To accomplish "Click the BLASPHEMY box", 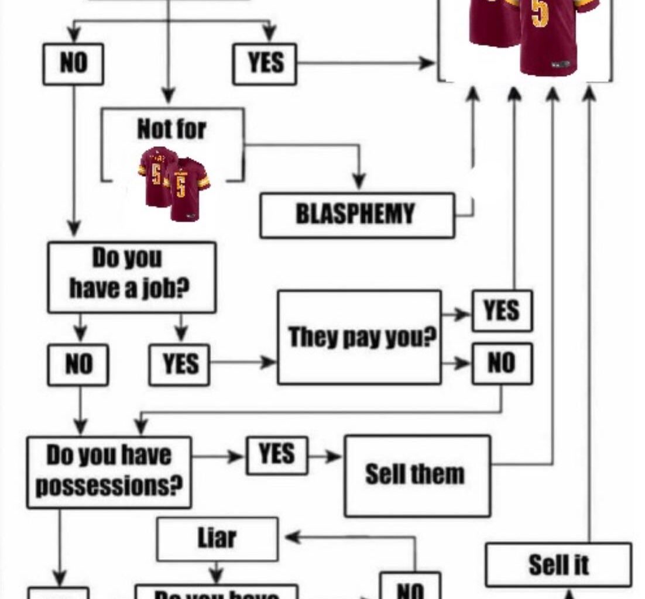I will click(356, 215).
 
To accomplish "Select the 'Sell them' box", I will click(416, 474).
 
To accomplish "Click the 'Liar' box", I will click(217, 538).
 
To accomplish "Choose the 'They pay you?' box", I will click(359, 338).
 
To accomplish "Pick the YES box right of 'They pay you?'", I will click(502, 311).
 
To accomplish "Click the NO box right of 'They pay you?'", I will click(502, 363).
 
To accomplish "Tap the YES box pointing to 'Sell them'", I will click(276, 455).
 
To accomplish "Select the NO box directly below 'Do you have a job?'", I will click(78, 364).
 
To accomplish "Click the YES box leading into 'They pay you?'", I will click(179, 364).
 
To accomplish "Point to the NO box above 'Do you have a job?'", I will click(73, 63).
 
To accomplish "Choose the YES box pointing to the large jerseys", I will click(265, 63).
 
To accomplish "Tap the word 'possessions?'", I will click(108, 486).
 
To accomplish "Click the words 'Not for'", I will click(171, 129).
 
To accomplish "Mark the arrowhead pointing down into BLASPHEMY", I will click(359, 183).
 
